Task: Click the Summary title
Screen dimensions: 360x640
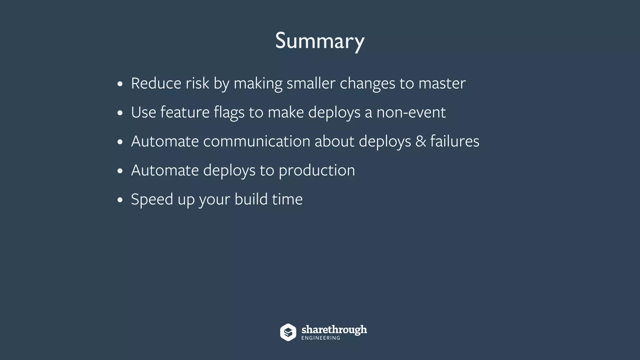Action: (x=320, y=41)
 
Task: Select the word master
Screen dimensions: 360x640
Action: (x=442, y=83)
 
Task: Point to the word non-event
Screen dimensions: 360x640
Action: (x=411, y=112)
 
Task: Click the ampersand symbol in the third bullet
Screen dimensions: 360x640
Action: (x=421, y=141)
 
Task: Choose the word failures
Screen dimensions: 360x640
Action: (x=455, y=141)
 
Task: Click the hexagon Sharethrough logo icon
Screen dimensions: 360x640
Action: (x=288, y=332)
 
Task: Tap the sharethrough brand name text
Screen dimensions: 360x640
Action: (x=334, y=330)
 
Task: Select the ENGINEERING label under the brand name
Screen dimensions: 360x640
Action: (x=321, y=338)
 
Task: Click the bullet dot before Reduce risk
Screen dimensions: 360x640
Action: (x=120, y=84)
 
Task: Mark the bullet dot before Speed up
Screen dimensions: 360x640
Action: (x=120, y=200)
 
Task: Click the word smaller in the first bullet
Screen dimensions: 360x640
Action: (x=311, y=83)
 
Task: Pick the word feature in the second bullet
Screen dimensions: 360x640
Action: (x=185, y=112)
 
